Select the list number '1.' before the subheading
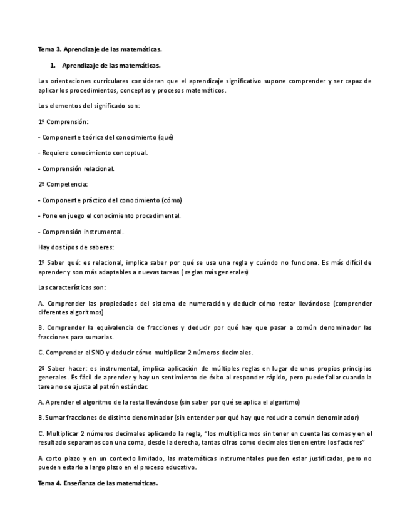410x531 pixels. click(53, 65)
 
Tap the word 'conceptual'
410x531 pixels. click(129, 152)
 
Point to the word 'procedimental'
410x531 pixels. click(154, 215)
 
